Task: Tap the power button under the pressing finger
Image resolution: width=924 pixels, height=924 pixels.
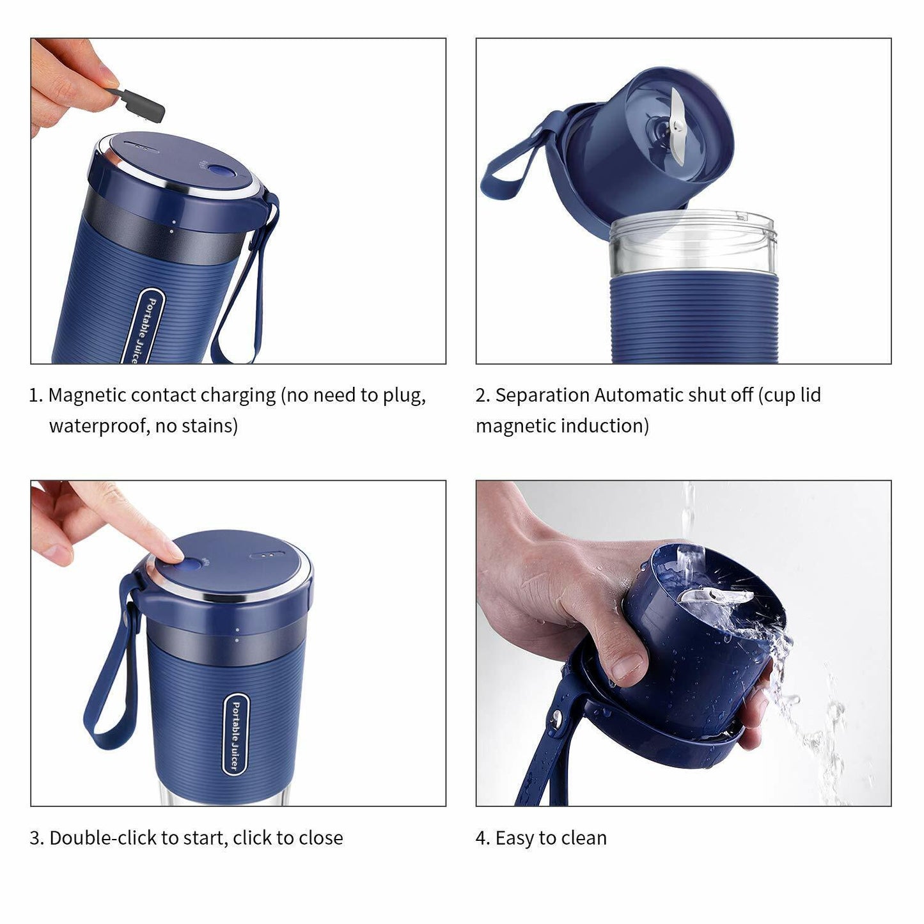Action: (185, 566)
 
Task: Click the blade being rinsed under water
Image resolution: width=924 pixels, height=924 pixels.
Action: (716, 595)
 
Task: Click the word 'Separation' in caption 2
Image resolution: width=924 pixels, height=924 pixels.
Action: (542, 396)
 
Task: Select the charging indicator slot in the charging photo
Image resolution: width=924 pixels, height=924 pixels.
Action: (141, 146)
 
